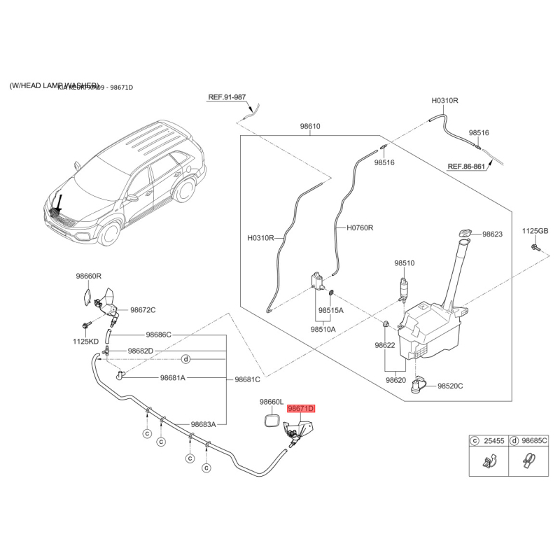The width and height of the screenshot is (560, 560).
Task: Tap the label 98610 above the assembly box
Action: pos(310,127)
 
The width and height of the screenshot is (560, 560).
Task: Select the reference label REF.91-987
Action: pos(227,97)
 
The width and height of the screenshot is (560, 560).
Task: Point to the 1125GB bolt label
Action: pos(535,231)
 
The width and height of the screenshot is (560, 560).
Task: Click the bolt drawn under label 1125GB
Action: pos(535,248)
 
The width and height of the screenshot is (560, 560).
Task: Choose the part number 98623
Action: pos(492,234)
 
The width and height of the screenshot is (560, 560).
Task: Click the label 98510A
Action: pos(323,328)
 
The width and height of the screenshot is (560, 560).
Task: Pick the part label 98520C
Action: pos(451,386)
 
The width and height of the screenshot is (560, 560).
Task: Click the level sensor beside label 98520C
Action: pos(421,383)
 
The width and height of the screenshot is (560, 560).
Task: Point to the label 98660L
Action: pos(271,402)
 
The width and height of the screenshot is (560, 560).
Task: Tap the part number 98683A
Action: pos(204,424)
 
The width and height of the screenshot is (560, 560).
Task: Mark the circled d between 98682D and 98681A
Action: pos(186,359)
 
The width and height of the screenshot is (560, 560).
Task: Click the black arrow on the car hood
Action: pos(59,204)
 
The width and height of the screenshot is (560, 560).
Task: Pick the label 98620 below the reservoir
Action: pos(395,381)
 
